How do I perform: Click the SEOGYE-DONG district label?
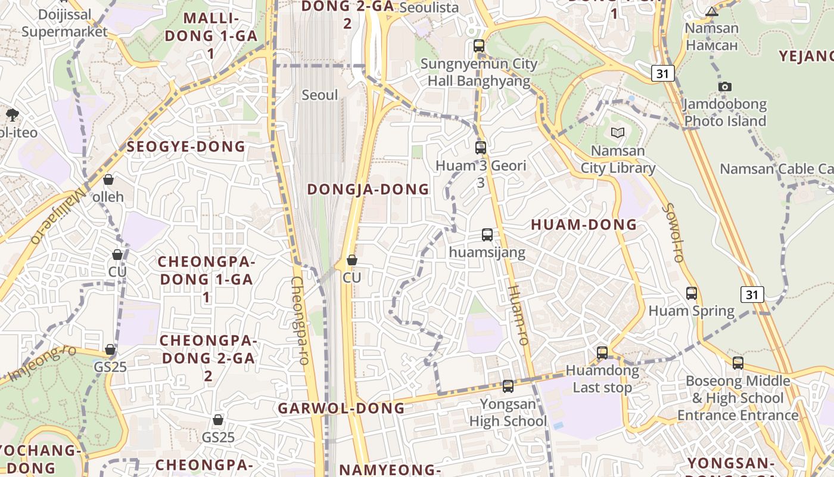pos(186,147)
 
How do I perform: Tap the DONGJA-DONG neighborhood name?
pos(368,190)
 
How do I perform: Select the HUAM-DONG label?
pos(584,225)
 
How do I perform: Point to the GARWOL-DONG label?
pos(341,408)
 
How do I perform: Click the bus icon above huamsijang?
pos(487,235)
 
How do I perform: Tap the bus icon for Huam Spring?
pos(692,293)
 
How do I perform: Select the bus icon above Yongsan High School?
pos(508,386)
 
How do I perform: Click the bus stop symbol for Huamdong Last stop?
pos(602,353)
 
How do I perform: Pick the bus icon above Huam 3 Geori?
pos(481,148)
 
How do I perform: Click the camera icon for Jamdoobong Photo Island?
pos(725,87)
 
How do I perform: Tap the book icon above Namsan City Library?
pos(618,132)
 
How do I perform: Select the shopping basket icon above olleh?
pos(108,179)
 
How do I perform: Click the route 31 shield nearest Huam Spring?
pos(752,294)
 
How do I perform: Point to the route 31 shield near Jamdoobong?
pos(662,73)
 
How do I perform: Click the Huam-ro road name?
pos(518,315)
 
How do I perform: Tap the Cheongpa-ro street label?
pos(300,321)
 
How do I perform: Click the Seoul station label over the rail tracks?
pos(319,95)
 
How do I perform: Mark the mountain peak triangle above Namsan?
pos(712,11)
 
